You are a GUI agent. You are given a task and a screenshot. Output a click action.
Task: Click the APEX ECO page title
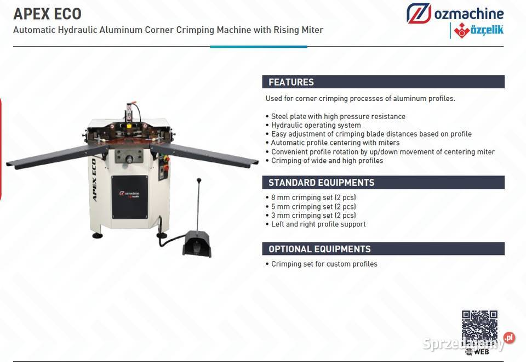(47, 14)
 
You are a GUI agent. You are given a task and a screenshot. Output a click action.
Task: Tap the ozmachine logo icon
(419, 13)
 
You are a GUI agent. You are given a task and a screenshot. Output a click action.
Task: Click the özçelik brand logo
(479, 31)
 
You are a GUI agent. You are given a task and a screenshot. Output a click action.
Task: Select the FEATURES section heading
(291, 82)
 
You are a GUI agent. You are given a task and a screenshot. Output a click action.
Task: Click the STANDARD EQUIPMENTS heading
(322, 182)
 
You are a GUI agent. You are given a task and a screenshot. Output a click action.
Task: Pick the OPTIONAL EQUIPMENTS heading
(319, 249)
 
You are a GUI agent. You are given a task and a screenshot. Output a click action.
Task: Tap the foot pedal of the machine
(197, 244)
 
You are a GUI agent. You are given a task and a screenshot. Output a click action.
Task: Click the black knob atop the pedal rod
(199, 180)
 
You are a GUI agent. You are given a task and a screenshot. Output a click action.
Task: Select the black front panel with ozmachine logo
(129, 197)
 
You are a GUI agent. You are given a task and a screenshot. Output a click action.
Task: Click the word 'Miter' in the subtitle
(312, 30)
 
